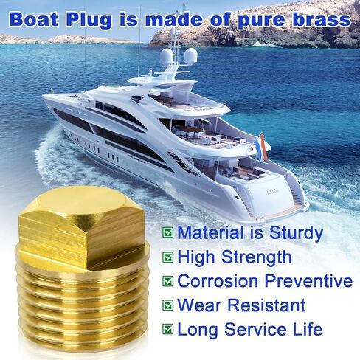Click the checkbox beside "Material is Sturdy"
tap(168, 233)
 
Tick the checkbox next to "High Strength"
tap(168, 257)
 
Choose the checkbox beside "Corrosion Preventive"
tap(168, 281)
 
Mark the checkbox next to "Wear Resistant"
tap(168, 305)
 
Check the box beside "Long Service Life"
tap(168, 328)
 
